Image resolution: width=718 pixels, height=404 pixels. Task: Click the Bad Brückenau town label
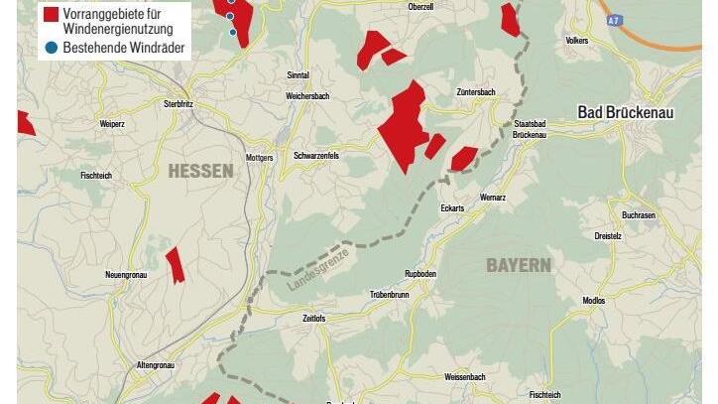pos(625,113)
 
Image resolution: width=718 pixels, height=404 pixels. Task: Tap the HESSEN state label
pos(200,171)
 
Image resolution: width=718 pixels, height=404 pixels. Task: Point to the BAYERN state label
pos(518,265)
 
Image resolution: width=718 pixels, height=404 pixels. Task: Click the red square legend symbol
pos(51,14)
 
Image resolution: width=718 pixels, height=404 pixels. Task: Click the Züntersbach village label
pos(475,92)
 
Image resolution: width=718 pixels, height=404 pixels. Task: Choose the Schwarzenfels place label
pos(316,156)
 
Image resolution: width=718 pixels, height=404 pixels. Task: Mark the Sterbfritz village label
pos(183,103)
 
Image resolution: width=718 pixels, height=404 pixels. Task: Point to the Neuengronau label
pos(126,274)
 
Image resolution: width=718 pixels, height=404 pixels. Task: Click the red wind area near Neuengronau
pos(175,265)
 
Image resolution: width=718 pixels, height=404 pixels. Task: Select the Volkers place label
pos(575,41)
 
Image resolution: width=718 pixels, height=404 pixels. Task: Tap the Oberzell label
pos(420,6)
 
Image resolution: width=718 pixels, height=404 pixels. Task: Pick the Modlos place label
pos(594,301)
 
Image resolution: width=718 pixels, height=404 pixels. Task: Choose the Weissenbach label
pos(465,378)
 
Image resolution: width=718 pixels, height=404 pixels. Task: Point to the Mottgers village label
pos(259,157)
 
